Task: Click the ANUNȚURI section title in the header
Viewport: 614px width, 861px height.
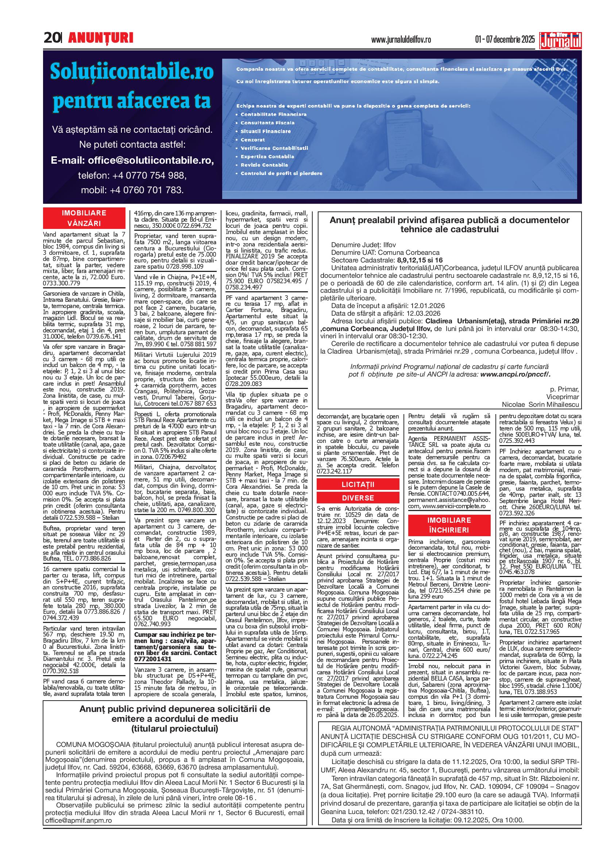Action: (101, 38)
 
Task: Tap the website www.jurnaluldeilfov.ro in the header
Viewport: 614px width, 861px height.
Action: (401, 40)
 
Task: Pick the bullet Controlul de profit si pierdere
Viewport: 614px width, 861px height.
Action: (281, 174)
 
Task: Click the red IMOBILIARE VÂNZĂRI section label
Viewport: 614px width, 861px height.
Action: (84, 218)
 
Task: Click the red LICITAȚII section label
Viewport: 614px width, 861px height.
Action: (358, 484)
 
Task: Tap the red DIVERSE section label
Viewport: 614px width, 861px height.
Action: (358, 498)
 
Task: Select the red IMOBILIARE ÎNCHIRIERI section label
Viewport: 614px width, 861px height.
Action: (449, 525)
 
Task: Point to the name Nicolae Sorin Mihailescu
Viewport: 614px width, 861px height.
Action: (540, 404)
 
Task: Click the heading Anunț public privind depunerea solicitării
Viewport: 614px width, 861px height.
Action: (175, 709)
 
